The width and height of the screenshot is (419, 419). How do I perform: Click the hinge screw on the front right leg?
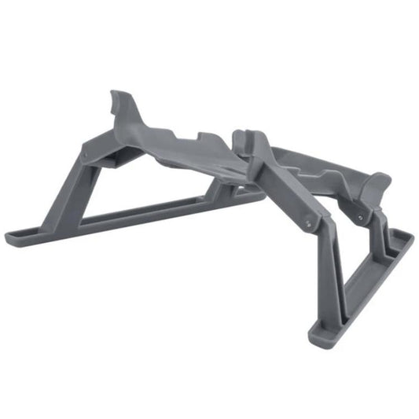[x=308, y=223]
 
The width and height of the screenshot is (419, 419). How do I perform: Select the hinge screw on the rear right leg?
[x=360, y=215]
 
